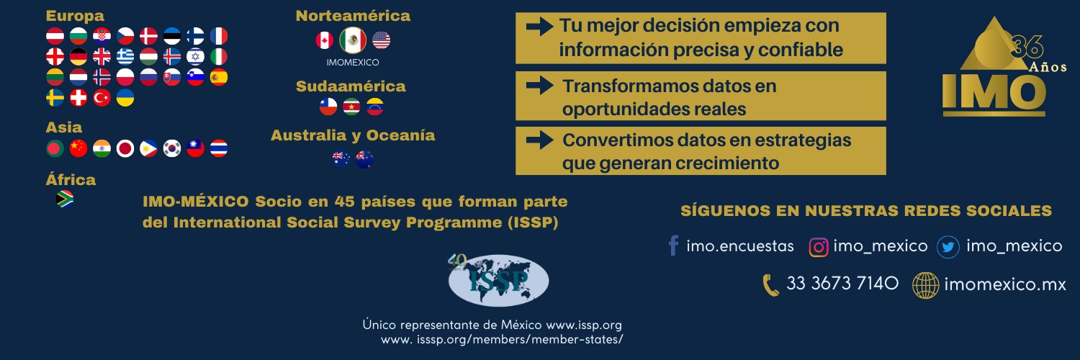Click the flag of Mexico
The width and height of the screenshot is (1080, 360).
click(x=353, y=40)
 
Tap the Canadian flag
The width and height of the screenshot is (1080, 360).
click(x=325, y=40)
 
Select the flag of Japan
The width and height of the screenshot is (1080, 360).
click(x=125, y=149)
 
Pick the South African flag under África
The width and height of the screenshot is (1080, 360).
click(x=65, y=199)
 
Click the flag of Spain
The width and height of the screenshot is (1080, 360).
click(x=219, y=77)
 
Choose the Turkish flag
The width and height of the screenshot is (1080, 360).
click(x=102, y=98)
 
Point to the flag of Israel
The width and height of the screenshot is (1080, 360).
click(x=195, y=56)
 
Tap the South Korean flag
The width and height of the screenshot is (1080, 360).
click(x=172, y=149)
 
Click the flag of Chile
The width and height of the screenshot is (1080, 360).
click(x=328, y=107)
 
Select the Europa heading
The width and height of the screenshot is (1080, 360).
click(x=75, y=16)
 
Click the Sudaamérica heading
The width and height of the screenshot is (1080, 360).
click(x=351, y=86)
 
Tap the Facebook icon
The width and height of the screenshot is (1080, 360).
click(x=673, y=246)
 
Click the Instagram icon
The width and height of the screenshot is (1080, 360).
click(x=819, y=247)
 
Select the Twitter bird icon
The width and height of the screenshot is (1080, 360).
click(x=948, y=248)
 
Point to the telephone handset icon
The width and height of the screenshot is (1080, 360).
click(x=771, y=285)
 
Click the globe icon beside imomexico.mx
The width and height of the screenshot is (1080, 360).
click(x=925, y=285)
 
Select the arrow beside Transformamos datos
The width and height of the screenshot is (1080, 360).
click(x=539, y=86)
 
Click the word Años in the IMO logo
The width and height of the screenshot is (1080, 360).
click(x=1048, y=66)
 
